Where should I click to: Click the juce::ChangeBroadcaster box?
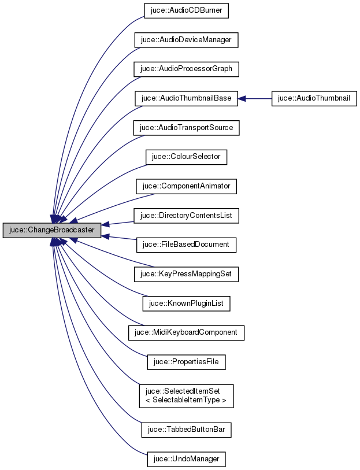click(52, 230)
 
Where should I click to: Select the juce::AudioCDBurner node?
click(186, 10)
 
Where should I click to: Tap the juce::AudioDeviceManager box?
click(186, 40)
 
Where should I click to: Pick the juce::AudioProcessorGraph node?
click(186, 69)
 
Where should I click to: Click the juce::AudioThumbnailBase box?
click(186, 98)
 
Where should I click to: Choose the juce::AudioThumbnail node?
click(314, 98)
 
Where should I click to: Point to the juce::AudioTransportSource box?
click(186, 127)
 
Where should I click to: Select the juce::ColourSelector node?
click(186, 157)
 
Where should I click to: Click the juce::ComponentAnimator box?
click(186, 186)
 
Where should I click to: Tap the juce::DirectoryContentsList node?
click(186, 216)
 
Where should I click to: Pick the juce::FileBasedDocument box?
click(186, 245)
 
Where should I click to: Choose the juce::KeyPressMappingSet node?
click(186, 274)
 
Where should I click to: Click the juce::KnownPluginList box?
click(186, 303)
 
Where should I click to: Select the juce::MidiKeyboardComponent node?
click(186, 332)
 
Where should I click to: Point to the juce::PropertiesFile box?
click(186, 362)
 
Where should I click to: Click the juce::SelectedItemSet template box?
click(186, 395)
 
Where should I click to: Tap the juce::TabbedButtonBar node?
click(186, 430)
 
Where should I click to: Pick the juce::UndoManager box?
click(186, 460)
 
